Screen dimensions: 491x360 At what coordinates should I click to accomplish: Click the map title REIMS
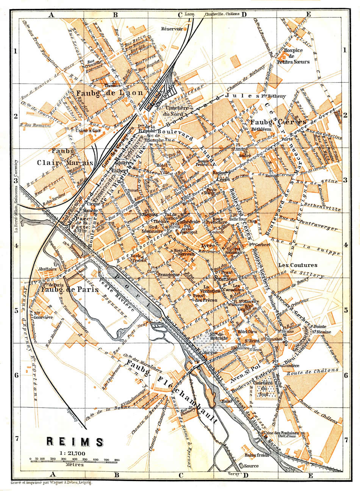pos(75,442)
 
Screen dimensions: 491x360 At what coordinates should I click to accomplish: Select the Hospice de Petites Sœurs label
pos(293,56)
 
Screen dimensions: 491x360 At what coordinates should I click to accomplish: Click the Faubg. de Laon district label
pos(110,93)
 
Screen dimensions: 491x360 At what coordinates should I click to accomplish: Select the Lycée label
pos(208,245)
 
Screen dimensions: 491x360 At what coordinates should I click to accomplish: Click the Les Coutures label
pos(297,265)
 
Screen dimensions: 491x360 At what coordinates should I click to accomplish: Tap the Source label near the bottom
pos(251,466)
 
